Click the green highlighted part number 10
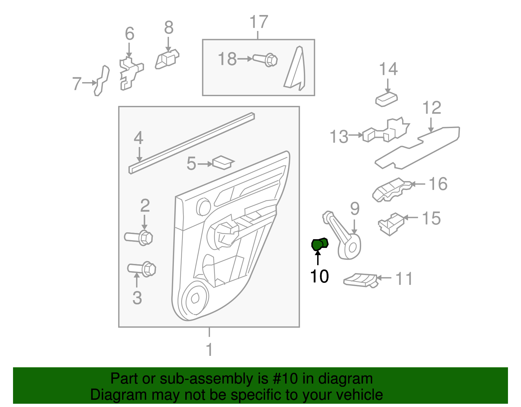point(319,244)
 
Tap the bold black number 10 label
point(319,276)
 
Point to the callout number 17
point(259,22)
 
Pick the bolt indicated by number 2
point(139,237)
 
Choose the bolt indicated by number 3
point(142,269)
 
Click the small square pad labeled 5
point(222,162)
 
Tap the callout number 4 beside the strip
point(138,138)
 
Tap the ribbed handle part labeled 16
point(391,190)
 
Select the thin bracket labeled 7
point(101,80)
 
